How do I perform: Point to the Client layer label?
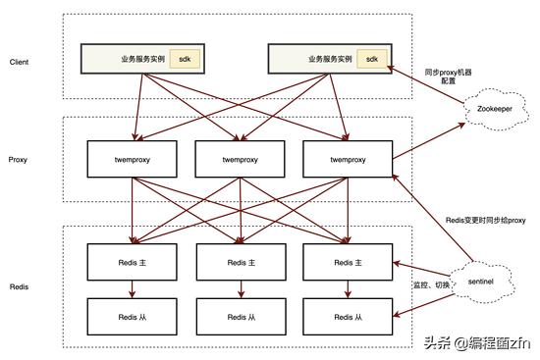point(19,62)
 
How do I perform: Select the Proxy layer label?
point(18,158)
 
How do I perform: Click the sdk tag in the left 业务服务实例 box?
point(184,59)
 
